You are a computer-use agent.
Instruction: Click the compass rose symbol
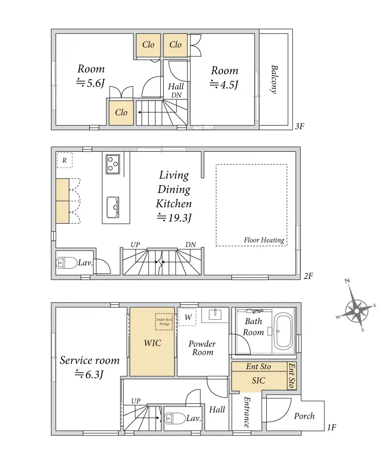[357, 311]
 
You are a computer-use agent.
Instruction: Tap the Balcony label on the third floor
[274, 79]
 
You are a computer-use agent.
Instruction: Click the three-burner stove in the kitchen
[112, 164]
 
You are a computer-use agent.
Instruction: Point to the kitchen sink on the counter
[113, 207]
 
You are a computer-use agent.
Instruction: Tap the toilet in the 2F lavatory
[67, 263]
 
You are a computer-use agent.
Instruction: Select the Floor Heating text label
[264, 240]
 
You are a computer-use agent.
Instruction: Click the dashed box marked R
[64, 160]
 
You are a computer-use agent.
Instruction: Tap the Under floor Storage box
[164, 322]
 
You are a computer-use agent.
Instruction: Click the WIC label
[152, 342]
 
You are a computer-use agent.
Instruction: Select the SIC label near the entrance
[259, 380]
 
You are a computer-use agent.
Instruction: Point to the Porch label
[304, 416]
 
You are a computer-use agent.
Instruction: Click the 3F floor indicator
[299, 126]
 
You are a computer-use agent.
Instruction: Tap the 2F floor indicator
[308, 276]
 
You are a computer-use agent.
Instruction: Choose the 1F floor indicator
[332, 428]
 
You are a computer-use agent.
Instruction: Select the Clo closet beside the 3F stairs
[121, 112]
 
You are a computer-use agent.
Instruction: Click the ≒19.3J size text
[174, 218]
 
